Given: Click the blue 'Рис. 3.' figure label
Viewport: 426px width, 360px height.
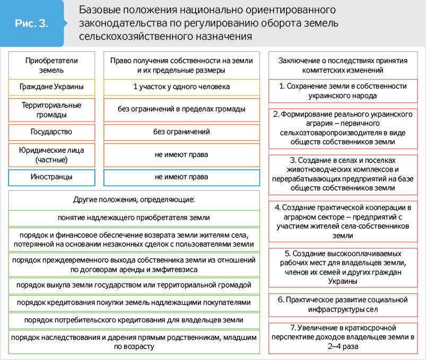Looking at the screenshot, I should (32, 23).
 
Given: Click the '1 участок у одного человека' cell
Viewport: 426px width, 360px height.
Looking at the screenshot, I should (181, 86).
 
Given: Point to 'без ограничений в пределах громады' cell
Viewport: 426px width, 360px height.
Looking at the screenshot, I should (181, 109).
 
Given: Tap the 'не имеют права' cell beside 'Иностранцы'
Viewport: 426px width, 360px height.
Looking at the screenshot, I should (181, 177).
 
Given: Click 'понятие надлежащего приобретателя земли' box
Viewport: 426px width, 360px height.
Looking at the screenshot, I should (134, 217).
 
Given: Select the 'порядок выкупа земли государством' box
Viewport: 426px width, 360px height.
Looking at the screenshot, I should (134, 285).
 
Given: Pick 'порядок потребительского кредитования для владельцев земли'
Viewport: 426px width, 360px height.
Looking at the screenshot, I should (134, 320).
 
